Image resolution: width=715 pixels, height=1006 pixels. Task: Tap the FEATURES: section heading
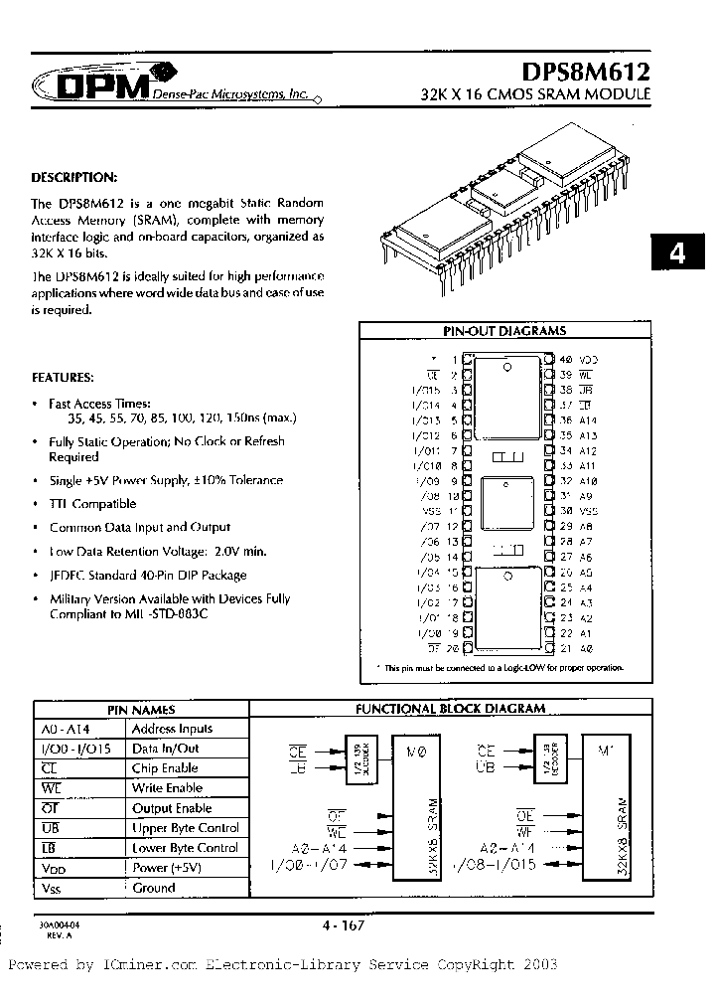pos(64,378)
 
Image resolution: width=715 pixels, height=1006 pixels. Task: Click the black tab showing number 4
pos(677,253)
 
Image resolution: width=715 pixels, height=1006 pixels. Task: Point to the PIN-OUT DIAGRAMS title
pos(503,331)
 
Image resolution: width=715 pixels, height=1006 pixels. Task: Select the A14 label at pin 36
pos(587,420)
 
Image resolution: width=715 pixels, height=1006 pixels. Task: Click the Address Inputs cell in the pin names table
pos(173,729)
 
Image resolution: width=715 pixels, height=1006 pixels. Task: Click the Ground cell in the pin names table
pos(153,888)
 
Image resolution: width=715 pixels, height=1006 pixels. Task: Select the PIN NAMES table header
pos(140,710)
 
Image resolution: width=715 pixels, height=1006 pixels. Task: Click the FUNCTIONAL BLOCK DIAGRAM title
pos(450,709)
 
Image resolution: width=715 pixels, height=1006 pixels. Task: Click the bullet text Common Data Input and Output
pos(139,527)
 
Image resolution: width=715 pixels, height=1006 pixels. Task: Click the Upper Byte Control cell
pos(185,828)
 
